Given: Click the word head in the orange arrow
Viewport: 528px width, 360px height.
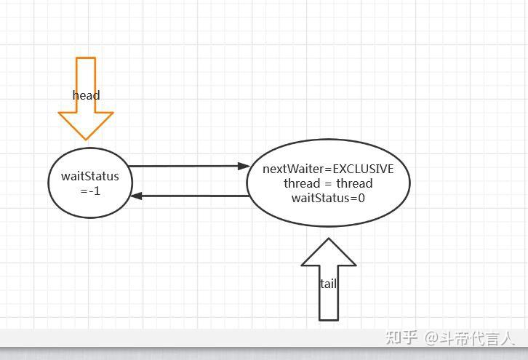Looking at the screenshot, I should click(x=86, y=95).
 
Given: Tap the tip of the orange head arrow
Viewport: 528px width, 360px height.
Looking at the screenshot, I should click(x=86, y=138).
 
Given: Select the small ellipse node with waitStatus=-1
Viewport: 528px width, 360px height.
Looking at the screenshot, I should click(x=89, y=182).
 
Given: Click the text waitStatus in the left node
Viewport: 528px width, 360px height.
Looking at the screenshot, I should click(x=89, y=176).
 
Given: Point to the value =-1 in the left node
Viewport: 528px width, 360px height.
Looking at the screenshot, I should click(x=89, y=191).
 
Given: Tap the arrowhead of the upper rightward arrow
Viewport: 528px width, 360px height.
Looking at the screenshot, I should click(x=244, y=167).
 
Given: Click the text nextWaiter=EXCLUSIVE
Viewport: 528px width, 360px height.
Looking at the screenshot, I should click(x=328, y=169).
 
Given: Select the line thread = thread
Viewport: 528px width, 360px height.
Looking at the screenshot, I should click(x=328, y=183).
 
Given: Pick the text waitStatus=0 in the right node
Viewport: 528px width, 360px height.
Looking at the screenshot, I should click(x=328, y=198).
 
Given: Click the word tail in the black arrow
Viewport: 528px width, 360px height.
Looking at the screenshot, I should click(x=328, y=284).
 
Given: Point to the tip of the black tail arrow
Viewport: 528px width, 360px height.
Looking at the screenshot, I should click(x=329, y=239).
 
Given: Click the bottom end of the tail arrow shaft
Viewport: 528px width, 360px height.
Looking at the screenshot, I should click(x=329, y=318).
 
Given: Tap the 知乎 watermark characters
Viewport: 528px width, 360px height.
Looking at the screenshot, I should click(x=401, y=337).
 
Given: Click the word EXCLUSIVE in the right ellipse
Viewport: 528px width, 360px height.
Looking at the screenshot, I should click(x=363, y=169).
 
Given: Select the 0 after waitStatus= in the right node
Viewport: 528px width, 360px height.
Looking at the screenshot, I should click(x=361, y=198).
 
